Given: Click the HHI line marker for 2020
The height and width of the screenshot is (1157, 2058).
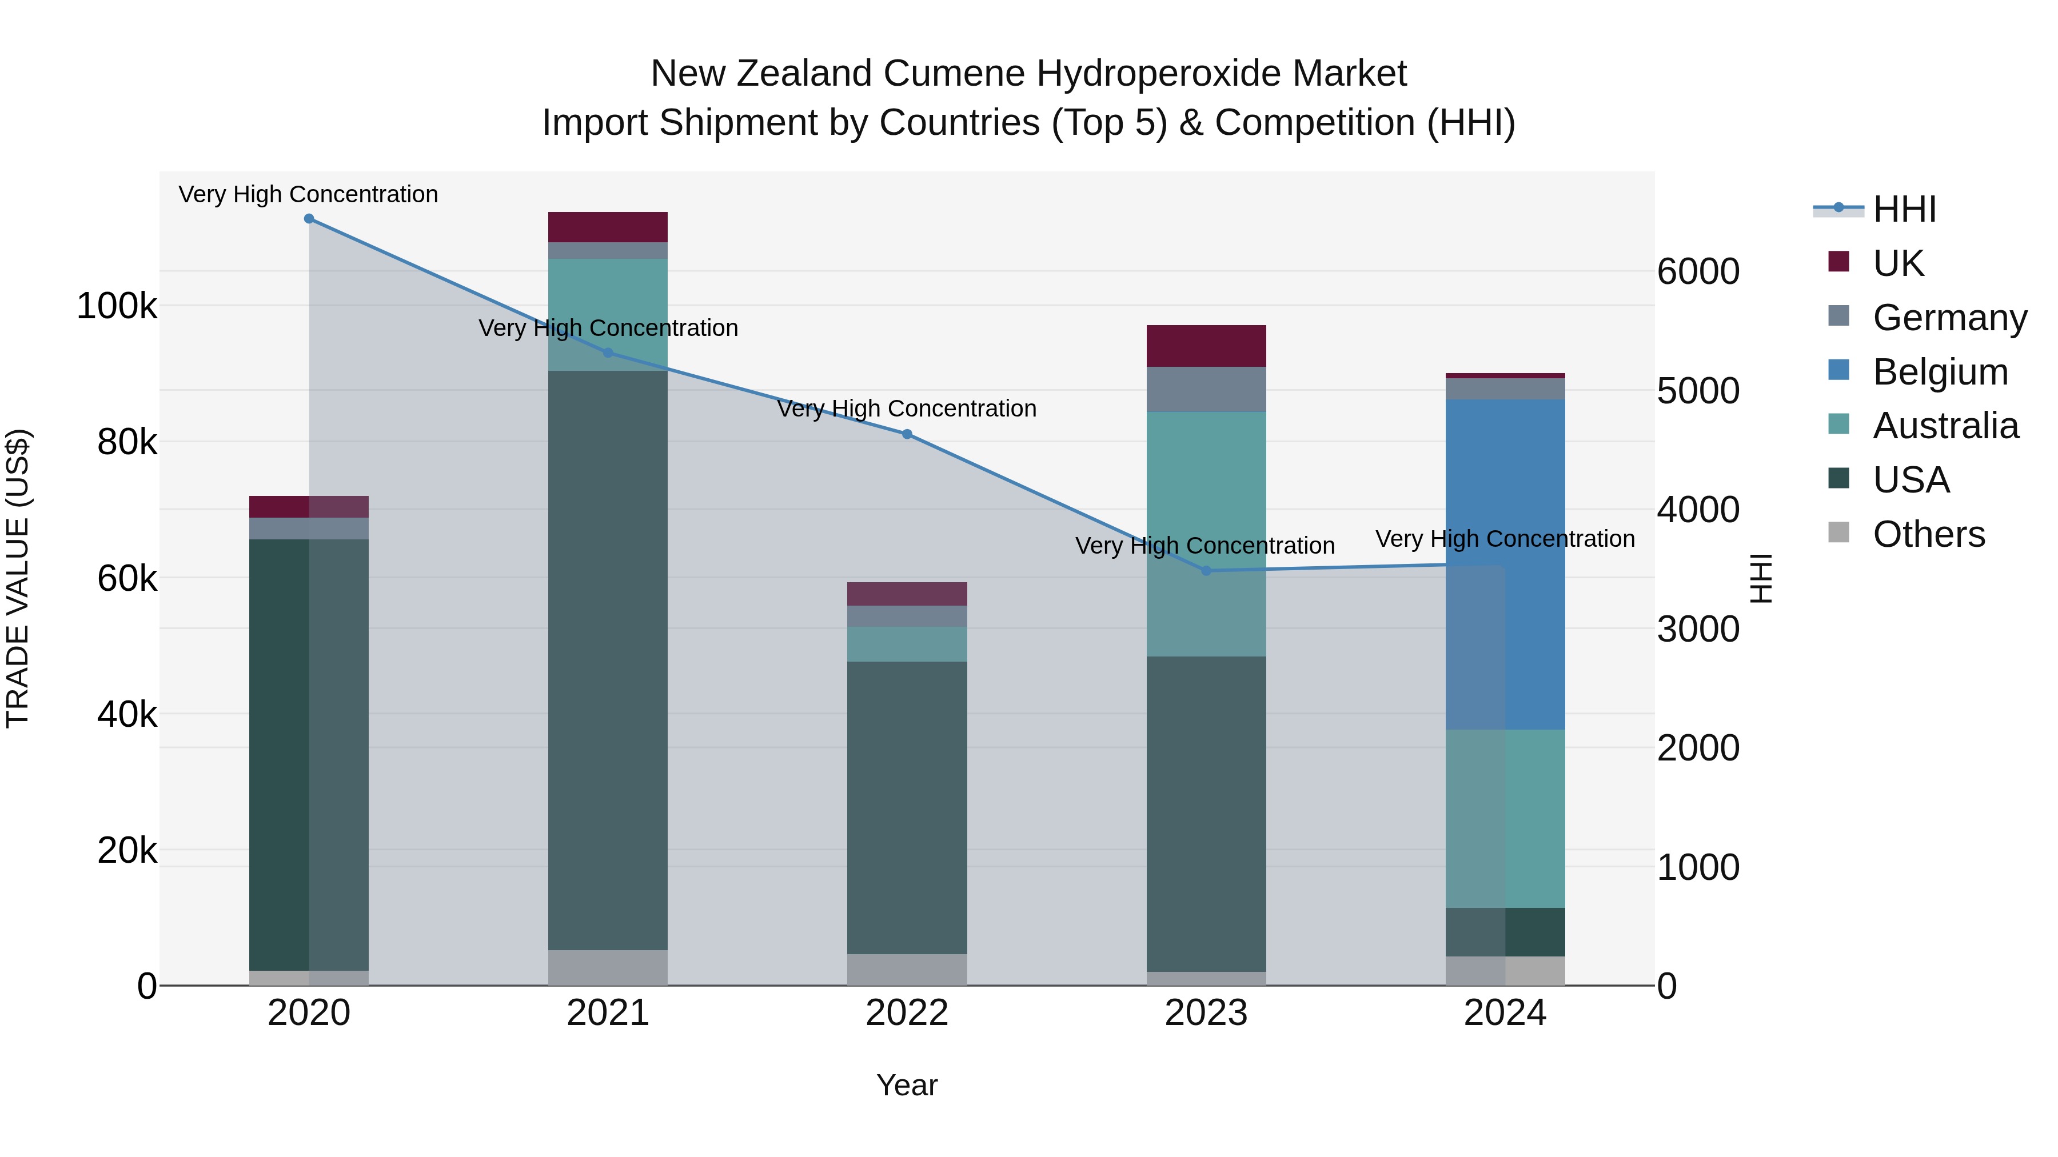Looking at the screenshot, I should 309,219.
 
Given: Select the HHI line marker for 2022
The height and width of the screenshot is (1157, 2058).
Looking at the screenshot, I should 907,434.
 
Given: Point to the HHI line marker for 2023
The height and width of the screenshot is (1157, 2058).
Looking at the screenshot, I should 1206,571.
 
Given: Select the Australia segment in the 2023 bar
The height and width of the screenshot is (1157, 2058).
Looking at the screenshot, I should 1206,534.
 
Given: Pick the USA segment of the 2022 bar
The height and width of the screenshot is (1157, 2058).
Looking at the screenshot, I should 907,806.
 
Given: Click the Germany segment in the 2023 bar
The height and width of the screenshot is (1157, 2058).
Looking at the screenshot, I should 1206,389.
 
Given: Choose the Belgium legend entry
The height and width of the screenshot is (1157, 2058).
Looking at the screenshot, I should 1940,372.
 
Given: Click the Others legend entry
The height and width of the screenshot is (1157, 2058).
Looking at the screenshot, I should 1929,534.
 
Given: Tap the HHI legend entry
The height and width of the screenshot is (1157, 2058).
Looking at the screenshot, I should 1905,209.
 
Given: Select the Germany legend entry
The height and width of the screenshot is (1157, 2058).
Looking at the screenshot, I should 1949,318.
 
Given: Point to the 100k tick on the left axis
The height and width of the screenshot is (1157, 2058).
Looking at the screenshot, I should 117,306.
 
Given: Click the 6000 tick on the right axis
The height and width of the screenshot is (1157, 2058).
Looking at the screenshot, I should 1698,271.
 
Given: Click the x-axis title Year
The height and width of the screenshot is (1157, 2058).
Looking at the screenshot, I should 907,1085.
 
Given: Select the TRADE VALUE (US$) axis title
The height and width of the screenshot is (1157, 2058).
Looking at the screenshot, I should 18,578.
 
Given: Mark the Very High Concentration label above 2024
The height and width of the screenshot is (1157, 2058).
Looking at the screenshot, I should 1505,539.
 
